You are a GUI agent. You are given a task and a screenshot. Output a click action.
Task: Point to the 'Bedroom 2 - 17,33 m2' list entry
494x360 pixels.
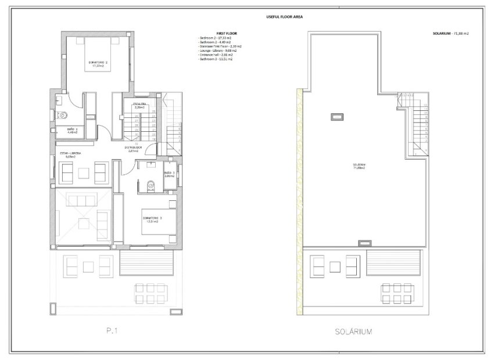pos(215,38)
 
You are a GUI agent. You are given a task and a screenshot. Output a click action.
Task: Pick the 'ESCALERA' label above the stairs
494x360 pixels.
pos(139,105)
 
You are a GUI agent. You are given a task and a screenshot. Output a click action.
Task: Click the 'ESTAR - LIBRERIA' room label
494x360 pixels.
pos(71,154)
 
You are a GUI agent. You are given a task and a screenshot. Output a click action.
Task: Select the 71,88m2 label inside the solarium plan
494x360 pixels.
pos(359,166)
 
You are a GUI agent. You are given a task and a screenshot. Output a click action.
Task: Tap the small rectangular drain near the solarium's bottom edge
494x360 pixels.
pos(365,242)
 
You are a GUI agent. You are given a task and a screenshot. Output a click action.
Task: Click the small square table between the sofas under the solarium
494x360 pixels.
pos(335,266)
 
